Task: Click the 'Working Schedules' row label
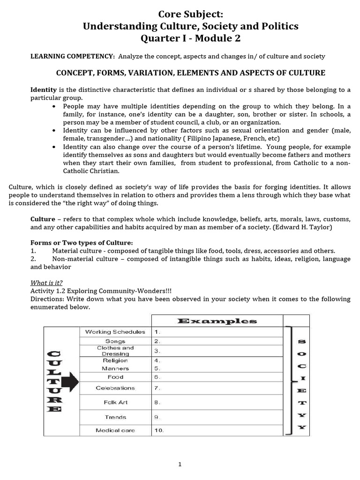115,332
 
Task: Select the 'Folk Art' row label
115,402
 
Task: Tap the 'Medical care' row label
115,430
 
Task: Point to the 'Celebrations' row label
115,388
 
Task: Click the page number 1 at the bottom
180,465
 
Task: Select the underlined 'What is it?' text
47,283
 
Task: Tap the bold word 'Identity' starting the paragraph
44,90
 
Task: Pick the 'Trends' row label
115,417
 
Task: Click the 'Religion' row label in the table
115,360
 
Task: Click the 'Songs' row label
115,341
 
